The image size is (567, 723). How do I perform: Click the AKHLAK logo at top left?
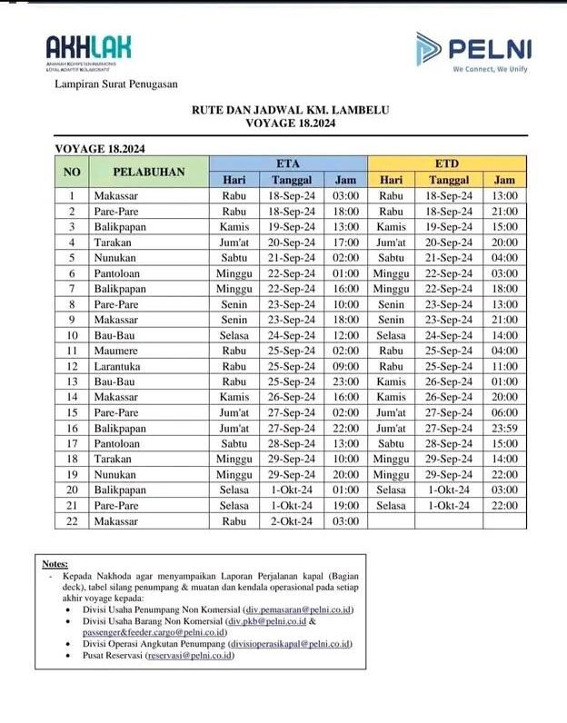(88, 51)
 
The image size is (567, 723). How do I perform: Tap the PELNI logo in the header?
(473, 51)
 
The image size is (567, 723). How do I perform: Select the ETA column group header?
(288, 163)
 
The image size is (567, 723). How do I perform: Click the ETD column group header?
(447, 163)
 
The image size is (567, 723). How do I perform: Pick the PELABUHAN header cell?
(149, 172)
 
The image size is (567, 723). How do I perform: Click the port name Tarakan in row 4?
(112, 243)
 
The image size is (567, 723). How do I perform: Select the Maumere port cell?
(116, 350)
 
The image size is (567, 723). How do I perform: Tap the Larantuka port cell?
(119, 366)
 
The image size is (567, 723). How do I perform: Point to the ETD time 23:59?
(503, 428)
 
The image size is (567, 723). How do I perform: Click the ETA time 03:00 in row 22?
(346, 520)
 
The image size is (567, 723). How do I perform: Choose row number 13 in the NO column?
(71, 381)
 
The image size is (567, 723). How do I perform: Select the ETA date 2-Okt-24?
(292, 520)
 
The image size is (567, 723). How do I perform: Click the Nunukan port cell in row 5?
(115, 258)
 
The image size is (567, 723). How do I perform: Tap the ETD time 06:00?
(503, 412)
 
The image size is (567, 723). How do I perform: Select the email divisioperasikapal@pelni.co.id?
(290, 643)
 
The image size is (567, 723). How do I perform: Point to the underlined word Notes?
(55, 564)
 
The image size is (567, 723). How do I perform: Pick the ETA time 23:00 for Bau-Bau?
(346, 381)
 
